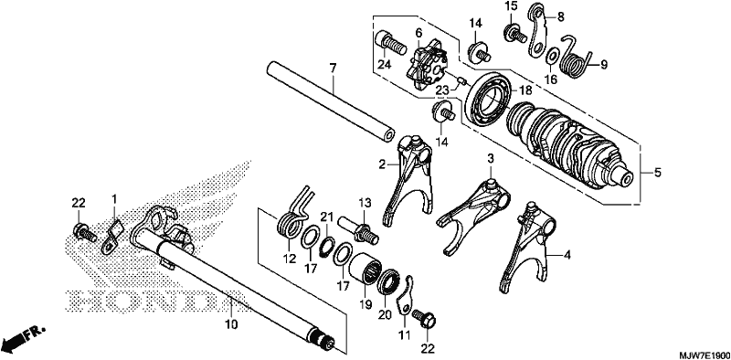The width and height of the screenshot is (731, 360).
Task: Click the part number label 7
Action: [x=333, y=69]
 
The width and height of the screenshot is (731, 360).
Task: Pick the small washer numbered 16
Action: [x=550, y=56]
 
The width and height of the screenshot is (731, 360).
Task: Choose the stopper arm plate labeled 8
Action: [x=536, y=29]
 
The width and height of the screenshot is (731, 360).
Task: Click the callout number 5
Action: [x=657, y=173]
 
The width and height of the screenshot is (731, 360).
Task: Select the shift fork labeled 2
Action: [x=408, y=179]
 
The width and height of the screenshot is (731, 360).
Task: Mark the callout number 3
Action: [x=490, y=159]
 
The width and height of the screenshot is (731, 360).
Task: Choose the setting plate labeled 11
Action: [x=405, y=296]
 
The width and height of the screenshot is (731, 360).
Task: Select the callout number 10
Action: [x=232, y=323]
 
